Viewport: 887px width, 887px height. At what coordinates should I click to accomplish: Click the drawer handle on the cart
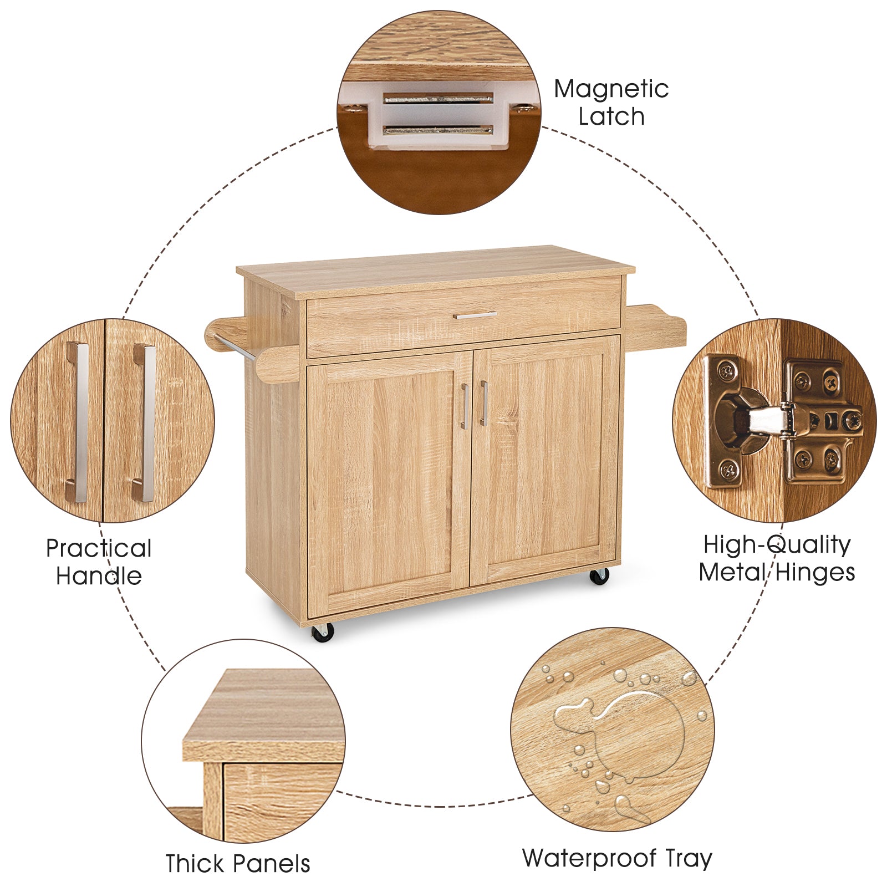(x=475, y=315)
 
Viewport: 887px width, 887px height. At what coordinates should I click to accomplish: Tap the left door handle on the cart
(x=465, y=406)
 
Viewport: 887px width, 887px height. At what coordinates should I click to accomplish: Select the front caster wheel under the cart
(x=323, y=632)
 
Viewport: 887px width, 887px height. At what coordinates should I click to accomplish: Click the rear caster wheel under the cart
(x=599, y=576)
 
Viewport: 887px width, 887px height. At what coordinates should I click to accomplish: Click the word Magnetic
(x=611, y=89)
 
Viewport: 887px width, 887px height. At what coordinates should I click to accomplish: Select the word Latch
(x=611, y=117)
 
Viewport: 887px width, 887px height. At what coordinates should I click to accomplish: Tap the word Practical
(x=99, y=548)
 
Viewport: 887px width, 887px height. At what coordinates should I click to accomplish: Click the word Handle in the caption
(x=99, y=576)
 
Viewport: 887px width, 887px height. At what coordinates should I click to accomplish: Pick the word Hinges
(x=815, y=572)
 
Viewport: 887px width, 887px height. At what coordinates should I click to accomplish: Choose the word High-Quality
(x=777, y=544)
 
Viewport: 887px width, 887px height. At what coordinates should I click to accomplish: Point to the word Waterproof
(x=589, y=858)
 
